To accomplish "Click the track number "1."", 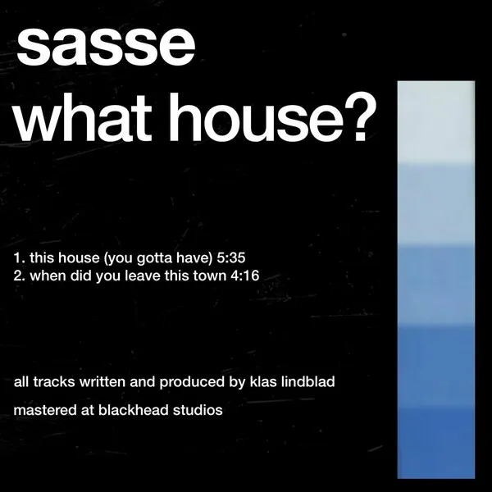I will (20, 257).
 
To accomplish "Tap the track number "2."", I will (20, 276).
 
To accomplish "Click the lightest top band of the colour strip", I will (435, 123).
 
